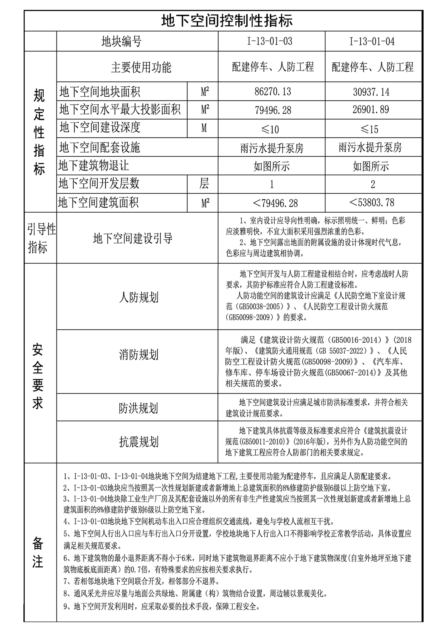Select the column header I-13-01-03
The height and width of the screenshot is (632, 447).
[270, 41]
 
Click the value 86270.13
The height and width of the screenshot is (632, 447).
[273, 92]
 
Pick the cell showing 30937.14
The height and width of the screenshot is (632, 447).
[371, 92]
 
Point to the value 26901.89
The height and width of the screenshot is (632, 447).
[371, 110]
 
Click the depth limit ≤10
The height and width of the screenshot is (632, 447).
[270, 129]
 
